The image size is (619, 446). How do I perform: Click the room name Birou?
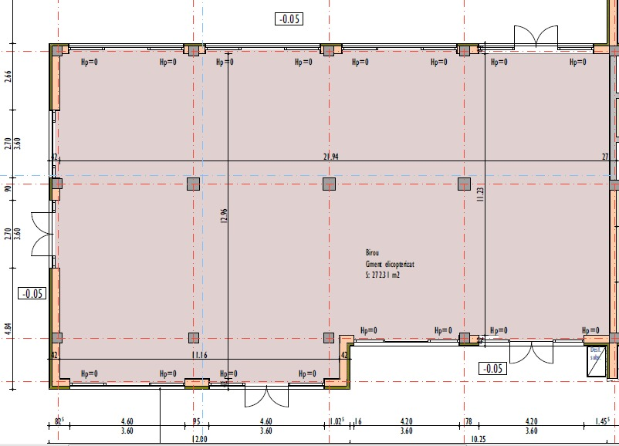(373, 252)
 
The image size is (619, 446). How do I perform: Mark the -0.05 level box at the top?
(288, 19)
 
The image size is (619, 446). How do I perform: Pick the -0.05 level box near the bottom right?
(492, 368)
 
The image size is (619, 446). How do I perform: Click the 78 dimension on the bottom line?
(468, 422)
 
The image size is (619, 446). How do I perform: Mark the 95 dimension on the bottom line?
(197, 422)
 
